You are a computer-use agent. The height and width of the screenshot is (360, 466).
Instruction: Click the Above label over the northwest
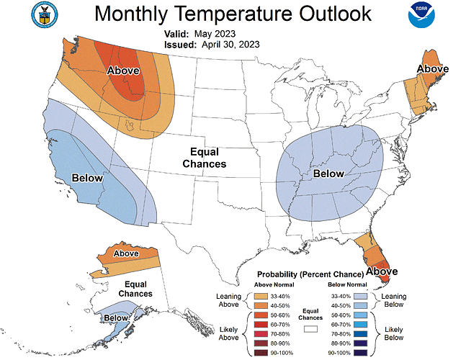pyautogui.click(x=123, y=71)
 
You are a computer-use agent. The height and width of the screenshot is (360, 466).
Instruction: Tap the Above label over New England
pyautogui.click(x=432, y=69)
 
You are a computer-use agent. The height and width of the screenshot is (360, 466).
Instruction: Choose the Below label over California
pyautogui.click(x=88, y=178)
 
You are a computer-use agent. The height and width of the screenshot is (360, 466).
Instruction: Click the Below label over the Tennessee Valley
pyautogui.click(x=328, y=174)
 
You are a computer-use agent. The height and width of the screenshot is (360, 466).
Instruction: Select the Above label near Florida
pyautogui.click(x=382, y=271)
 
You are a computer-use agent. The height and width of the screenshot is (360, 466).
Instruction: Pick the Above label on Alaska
pyautogui.click(x=126, y=253)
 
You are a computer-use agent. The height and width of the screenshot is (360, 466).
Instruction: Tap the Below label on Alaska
pyautogui.click(x=115, y=318)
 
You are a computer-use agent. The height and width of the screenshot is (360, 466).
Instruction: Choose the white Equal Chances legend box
pyautogui.click(x=310, y=328)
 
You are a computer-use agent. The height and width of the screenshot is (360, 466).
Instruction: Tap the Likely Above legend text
pyautogui.click(x=228, y=333)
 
